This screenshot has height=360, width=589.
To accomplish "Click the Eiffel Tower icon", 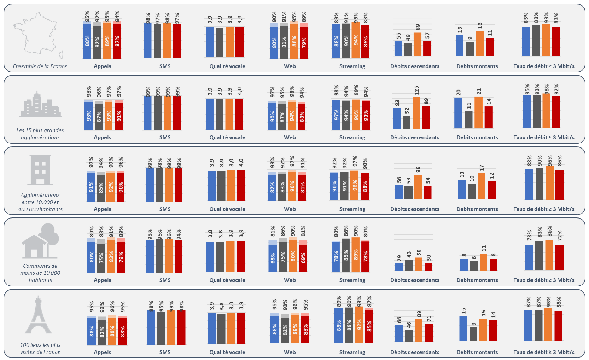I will pos(38,315).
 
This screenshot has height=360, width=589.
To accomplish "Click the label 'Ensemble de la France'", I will pos(40,66).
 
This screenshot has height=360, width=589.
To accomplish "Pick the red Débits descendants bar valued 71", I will pos(428,332).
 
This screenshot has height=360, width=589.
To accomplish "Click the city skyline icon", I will pos(40,105).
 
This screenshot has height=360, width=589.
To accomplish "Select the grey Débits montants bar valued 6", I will pos(474,266).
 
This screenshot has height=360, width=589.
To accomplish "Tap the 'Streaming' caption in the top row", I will pos(352,66).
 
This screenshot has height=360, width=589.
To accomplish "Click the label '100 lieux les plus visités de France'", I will pos(40,348).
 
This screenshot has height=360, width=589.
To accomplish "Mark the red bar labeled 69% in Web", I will pos(303,258).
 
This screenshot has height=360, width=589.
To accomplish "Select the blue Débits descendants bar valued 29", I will pos(399,267).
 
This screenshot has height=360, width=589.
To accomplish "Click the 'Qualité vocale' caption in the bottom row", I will pos(227,352).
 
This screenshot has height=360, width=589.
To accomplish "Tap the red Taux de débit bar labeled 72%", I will pos(559,257).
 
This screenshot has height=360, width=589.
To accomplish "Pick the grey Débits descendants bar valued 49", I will pos(408,50).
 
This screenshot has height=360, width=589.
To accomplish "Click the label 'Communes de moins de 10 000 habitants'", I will pos(40,273).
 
